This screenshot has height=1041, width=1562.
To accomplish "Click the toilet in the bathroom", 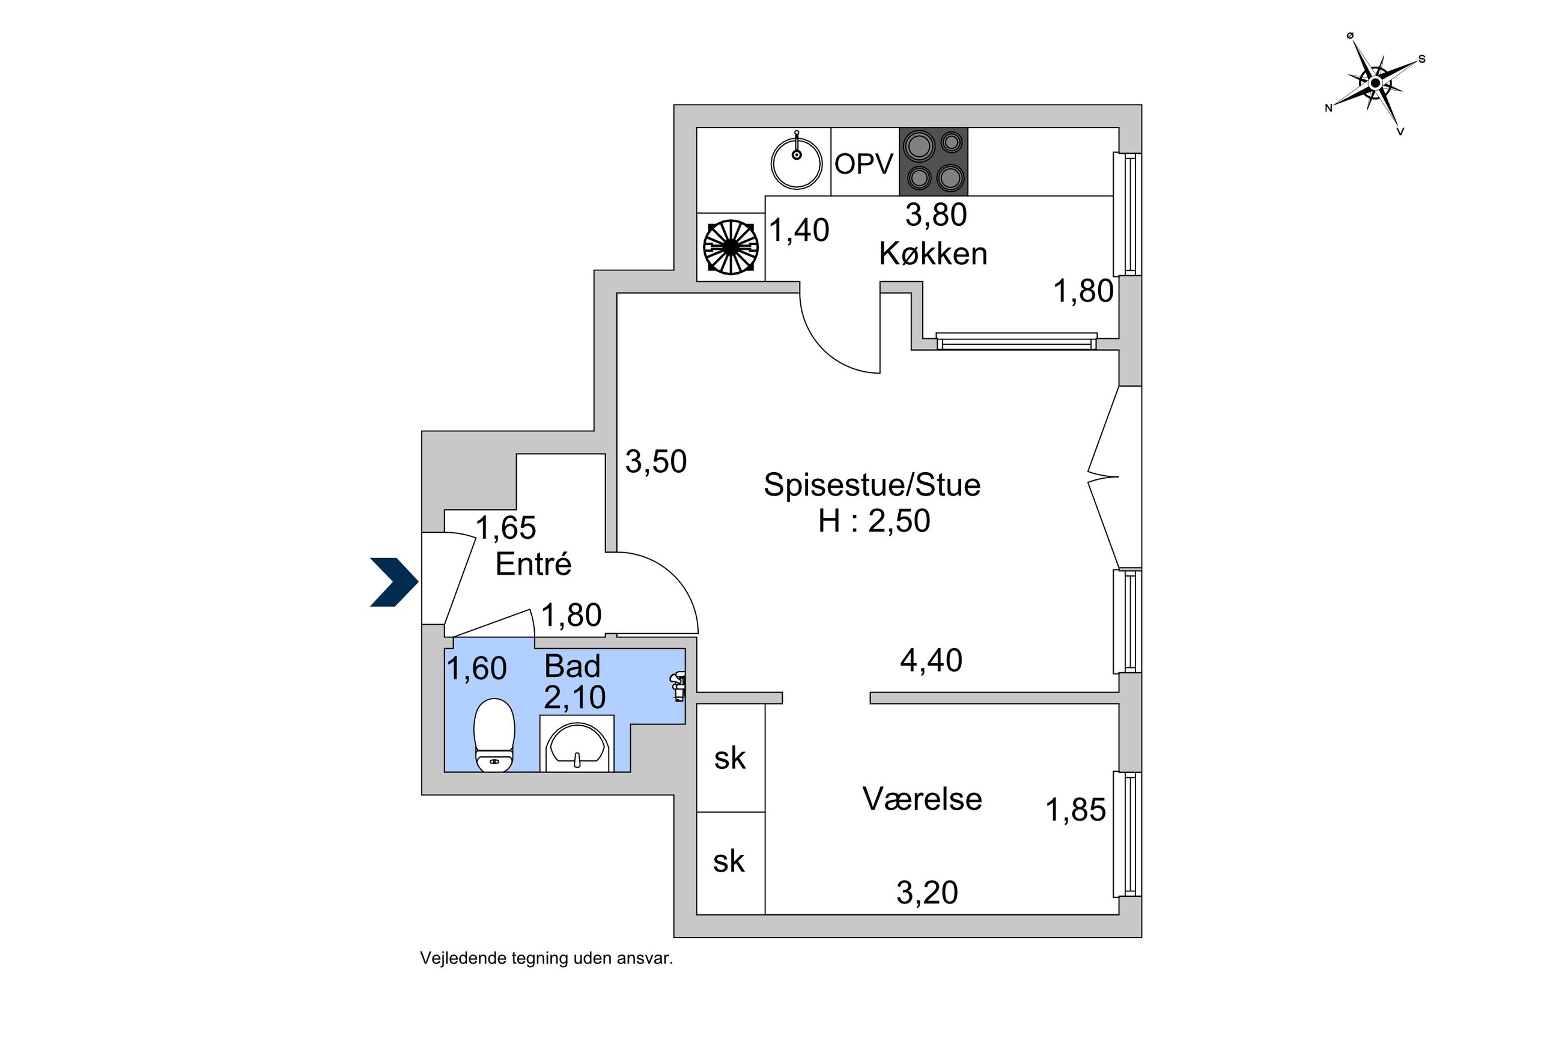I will point(494,735).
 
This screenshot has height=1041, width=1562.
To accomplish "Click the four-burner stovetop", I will point(934,162).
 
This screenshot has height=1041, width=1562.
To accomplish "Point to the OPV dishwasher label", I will point(864,164).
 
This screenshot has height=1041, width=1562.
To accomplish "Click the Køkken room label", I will point(932,254).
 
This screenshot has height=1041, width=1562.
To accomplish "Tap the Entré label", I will point(533,564).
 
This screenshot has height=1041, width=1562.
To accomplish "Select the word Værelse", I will point(922,800).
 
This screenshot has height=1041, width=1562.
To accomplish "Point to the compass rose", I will point(1375,83).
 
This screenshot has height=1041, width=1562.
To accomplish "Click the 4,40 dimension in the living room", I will point(931,661).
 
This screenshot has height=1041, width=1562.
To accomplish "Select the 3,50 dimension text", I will point(656,461).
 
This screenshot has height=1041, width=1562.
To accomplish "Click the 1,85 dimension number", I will point(1075,810).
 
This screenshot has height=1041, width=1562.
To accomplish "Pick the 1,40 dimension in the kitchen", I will point(798,231).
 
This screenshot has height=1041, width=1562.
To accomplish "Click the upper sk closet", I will point(730,758).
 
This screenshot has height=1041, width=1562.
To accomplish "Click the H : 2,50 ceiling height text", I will point(874,521).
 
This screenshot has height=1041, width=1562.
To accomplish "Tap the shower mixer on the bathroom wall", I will point(678,686).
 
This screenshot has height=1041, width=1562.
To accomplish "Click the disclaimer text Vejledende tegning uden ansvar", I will point(546,959).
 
